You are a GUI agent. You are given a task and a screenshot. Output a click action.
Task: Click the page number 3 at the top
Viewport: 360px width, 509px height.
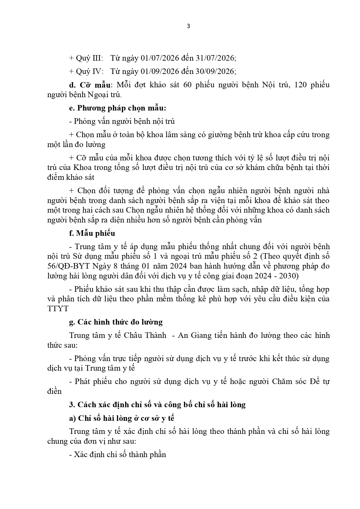tap(188, 26)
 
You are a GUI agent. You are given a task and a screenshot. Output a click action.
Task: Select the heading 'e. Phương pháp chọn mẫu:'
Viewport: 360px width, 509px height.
tap(117, 108)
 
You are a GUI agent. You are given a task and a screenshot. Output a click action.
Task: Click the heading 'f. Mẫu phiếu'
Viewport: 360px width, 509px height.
tap(92, 233)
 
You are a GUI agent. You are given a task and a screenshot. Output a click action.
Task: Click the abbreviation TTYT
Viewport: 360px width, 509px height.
tap(58, 309)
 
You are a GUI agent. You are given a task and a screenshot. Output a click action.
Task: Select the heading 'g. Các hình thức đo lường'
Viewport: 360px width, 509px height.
tap(116, 322)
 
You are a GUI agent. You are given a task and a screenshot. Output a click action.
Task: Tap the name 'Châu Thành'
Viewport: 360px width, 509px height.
tap(145, 335)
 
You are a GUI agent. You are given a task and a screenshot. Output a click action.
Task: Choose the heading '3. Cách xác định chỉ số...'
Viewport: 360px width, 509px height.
tap(157, 405)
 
